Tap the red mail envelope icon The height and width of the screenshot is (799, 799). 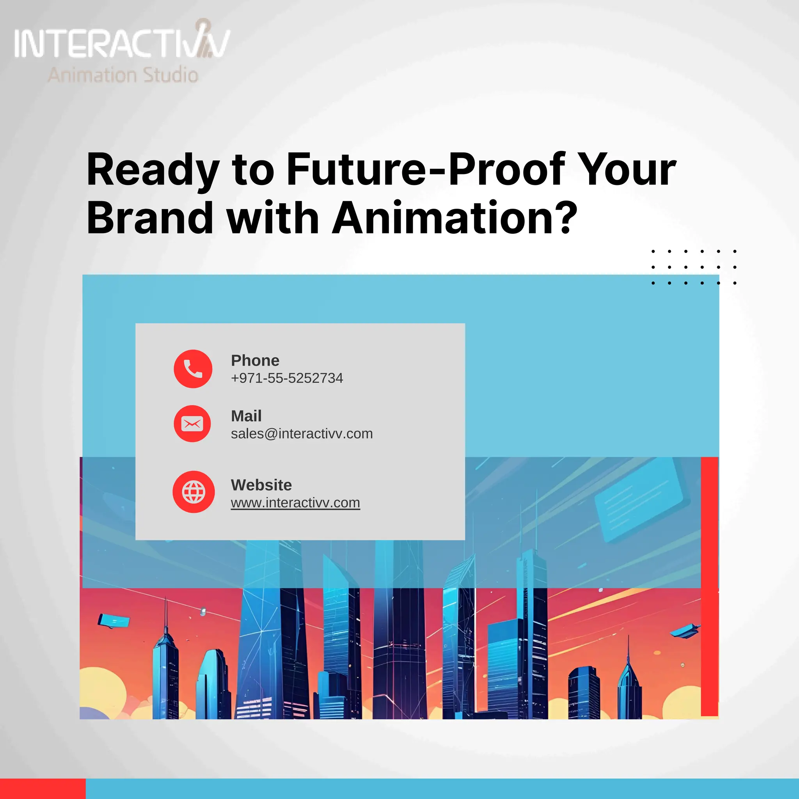click(x=192, y=423)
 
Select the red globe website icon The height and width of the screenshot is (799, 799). click(x=194, y=492)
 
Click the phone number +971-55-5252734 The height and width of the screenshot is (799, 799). click(x=287, y=378)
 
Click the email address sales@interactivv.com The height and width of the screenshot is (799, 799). click(x=302, y=433)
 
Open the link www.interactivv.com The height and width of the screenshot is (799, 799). click(x=295, y=502)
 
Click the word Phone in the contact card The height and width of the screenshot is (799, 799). click(x=255, y=360)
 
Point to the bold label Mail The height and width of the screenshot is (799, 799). click(x=246, y=415)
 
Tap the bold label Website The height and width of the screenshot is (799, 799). click(x=261, y=485)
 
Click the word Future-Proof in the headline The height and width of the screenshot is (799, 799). click(x=426, y=170)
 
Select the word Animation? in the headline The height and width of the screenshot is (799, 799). click(x=454, y=218)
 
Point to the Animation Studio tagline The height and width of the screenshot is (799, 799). click(x=123, y=75)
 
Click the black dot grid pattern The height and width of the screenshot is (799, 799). click(x=693, y=267)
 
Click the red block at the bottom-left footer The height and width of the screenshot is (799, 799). click(x=42, y=788)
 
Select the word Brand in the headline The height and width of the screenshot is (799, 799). click(x=150, y=218)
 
